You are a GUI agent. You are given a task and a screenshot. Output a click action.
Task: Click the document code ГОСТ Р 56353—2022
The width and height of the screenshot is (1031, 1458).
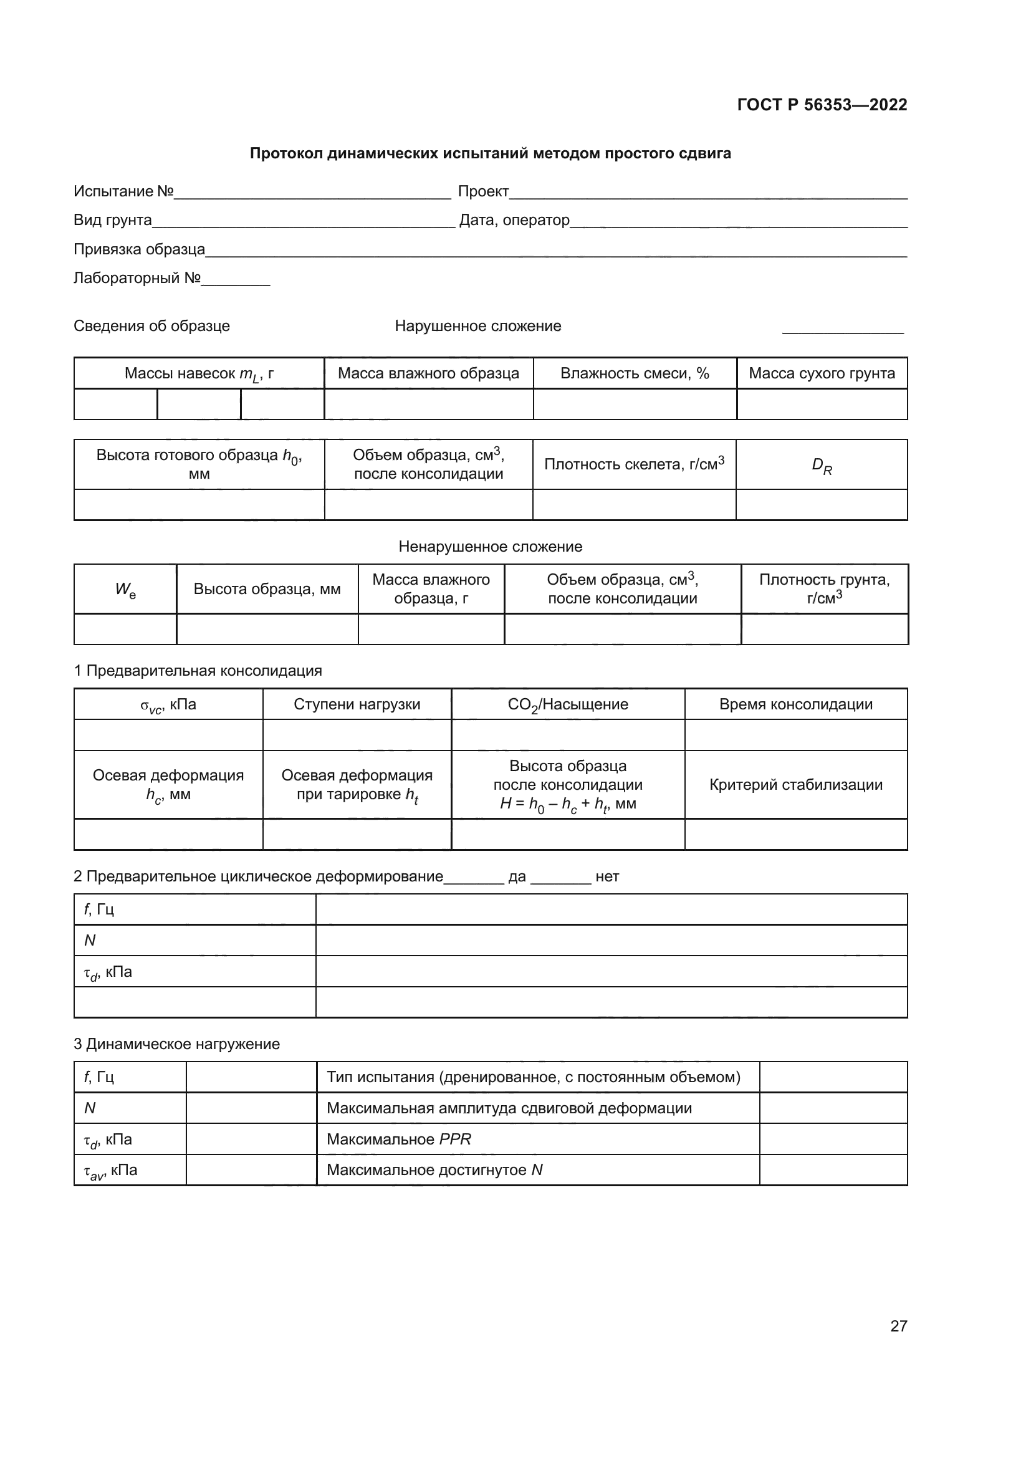point(822,105)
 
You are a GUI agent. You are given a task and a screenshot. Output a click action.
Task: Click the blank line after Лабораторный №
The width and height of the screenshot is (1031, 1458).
point(236,281)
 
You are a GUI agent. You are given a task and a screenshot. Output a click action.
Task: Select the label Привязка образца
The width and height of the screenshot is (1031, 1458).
point(139,249)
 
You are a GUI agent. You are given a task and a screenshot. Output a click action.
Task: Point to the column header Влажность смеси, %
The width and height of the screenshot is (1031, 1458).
point(634,373)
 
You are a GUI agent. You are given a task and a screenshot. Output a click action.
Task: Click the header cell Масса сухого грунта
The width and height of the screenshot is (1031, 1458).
point(822,373)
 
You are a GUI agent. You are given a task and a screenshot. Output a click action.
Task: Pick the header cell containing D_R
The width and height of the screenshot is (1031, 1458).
point(822,466)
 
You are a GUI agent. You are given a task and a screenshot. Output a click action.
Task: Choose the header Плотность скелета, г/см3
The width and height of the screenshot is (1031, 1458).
point(634,464)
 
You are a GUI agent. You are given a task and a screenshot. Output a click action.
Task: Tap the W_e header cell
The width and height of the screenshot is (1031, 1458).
point(125,589)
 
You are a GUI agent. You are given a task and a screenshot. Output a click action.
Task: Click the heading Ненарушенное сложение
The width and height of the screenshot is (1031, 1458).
point(490,547)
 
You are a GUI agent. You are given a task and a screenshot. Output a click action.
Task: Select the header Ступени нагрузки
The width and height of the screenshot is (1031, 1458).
point(357,704)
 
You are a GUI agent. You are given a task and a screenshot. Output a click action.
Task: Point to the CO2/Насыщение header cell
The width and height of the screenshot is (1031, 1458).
point(568,704)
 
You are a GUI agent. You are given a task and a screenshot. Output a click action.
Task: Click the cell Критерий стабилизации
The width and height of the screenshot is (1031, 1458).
point(795,785)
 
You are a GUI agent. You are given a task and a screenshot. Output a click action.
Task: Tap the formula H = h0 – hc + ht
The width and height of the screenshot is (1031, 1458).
point(568,804)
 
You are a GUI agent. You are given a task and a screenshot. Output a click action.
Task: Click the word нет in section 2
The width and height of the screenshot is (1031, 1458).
point(607,877)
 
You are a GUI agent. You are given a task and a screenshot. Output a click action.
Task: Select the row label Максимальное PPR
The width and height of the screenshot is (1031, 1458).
point(399,1139)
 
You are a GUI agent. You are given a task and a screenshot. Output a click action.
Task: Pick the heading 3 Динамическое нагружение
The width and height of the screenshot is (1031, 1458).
point(176,1044)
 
